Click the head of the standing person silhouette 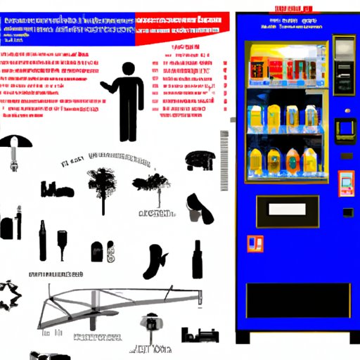point(127,70)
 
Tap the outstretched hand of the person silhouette point(104,88)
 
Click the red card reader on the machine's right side point(346,184)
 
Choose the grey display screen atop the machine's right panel point(344,48)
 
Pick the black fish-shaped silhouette point(154,262)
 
